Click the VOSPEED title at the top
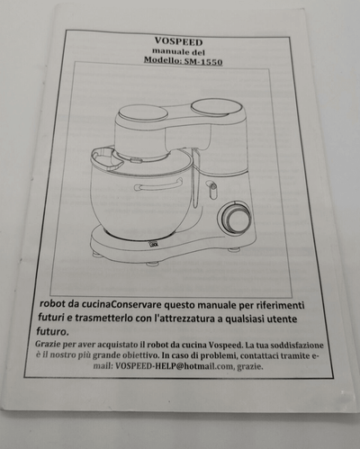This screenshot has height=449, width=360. (178, 41)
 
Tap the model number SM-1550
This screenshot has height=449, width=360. (203, 62)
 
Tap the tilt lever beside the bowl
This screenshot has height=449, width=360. (212, 190)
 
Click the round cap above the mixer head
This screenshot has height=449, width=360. (143, 113)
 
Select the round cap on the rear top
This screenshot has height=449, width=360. (216, 107)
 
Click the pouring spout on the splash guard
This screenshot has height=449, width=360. (106, 157)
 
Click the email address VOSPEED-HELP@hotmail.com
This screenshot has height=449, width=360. (175, 366)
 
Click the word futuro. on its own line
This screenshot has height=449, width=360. (52, 332)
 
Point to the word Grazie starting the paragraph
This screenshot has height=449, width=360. (48, 344)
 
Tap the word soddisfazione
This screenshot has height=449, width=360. (297, 345)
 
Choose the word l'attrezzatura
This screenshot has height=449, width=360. (184, 319)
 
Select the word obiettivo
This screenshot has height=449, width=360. (140, 355)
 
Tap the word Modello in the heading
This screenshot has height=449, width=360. (163, 59)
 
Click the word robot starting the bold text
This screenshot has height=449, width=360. (52, 303)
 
